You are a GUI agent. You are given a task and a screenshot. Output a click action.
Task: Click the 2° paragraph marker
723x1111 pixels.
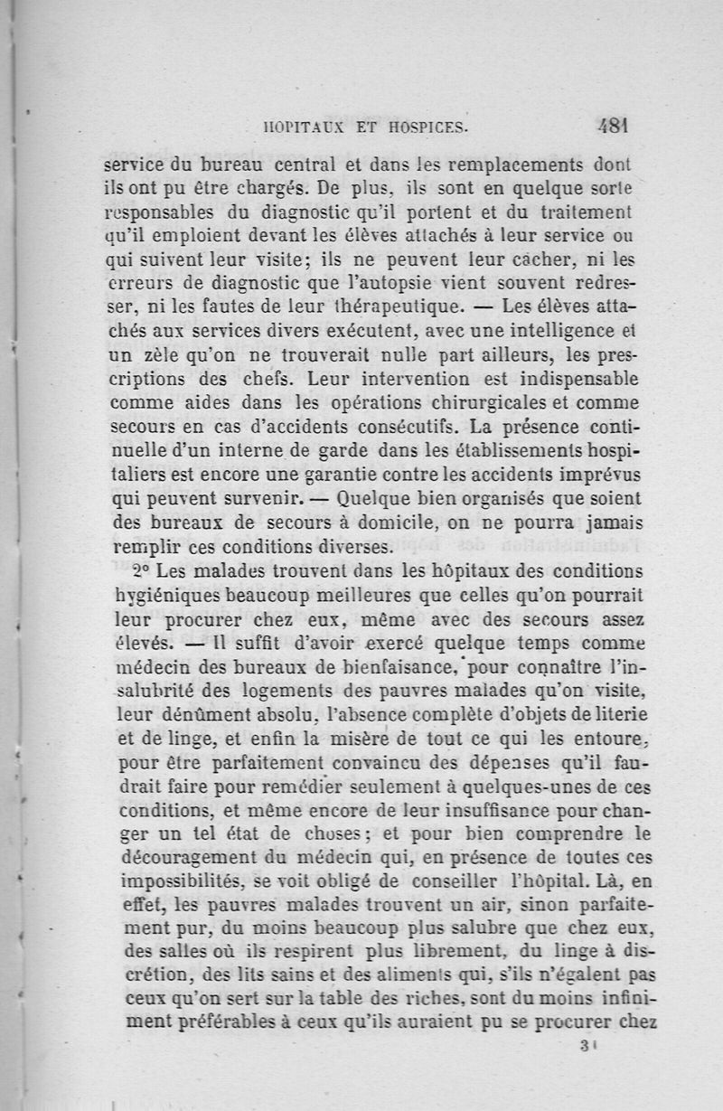click(140, 571)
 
